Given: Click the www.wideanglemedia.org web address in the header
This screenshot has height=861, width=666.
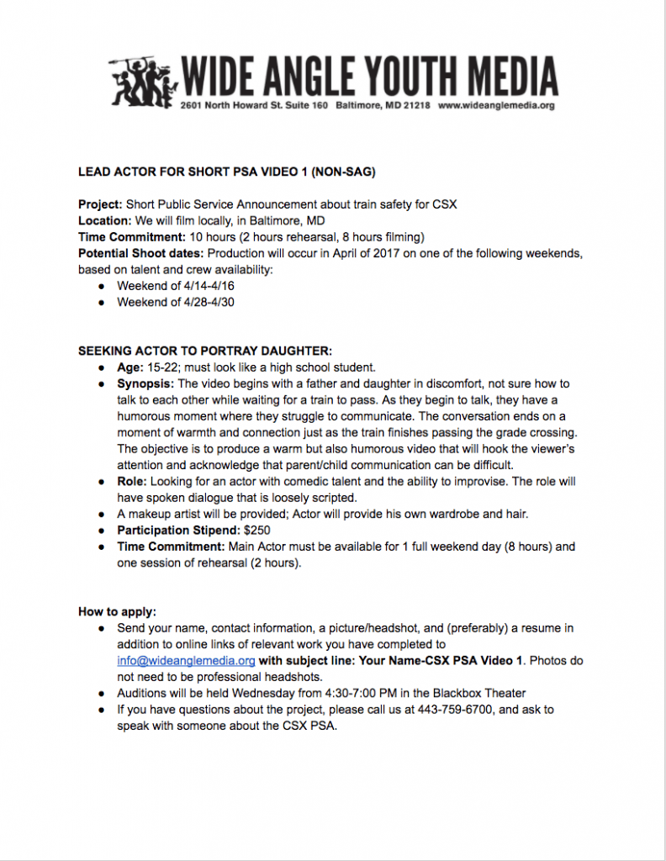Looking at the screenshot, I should pos(496,107).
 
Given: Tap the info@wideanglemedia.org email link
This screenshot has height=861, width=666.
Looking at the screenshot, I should pos(186,661).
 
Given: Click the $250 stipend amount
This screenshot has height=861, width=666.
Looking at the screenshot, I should pos(256,531).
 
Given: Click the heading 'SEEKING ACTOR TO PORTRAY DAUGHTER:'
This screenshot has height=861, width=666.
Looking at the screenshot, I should pos(205,351).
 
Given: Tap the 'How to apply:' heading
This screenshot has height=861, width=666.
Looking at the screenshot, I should pos(118,611).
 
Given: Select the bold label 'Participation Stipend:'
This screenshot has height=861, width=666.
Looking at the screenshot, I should pos(177,531).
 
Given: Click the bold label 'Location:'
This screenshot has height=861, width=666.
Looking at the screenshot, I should pos(103,220).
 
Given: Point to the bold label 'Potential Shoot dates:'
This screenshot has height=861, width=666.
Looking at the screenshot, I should pos(141,253).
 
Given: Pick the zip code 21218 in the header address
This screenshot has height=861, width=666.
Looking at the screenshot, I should pos(416,107).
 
